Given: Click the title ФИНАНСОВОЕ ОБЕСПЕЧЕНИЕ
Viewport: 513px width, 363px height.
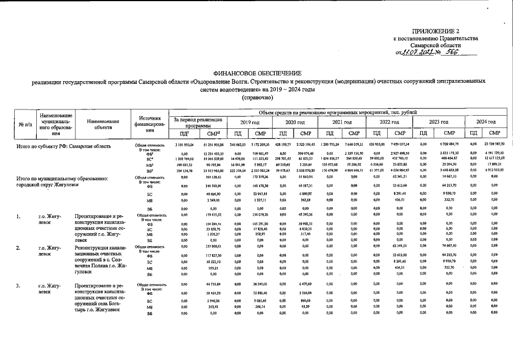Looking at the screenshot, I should click(256, 74).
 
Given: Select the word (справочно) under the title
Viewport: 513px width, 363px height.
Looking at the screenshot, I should click(256, 98).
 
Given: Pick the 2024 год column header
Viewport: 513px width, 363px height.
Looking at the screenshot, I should click(486, 122).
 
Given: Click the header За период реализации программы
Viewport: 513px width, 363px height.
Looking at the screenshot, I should click(198, 122).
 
